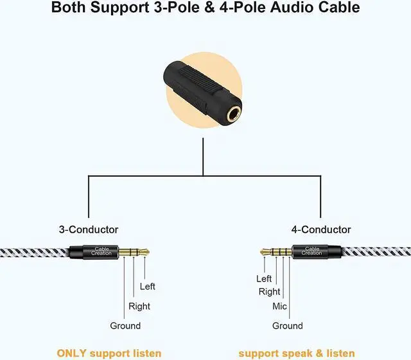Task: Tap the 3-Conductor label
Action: point(89,230)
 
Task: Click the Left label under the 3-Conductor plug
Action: point(147,286)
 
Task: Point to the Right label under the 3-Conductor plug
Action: point(139,306)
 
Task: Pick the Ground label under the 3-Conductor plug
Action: point(125,326)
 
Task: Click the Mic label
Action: point(279,307)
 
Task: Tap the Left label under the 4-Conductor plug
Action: point(264,278)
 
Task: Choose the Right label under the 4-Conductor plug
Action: point(269,292)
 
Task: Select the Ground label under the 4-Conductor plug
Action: point(287,326)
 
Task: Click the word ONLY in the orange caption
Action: point(72,353)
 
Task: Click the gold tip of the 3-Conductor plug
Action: point(145,251)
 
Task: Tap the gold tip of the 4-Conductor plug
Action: point(263,251)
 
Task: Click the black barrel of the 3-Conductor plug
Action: point(101,251)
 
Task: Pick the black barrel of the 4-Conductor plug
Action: point(311,251)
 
